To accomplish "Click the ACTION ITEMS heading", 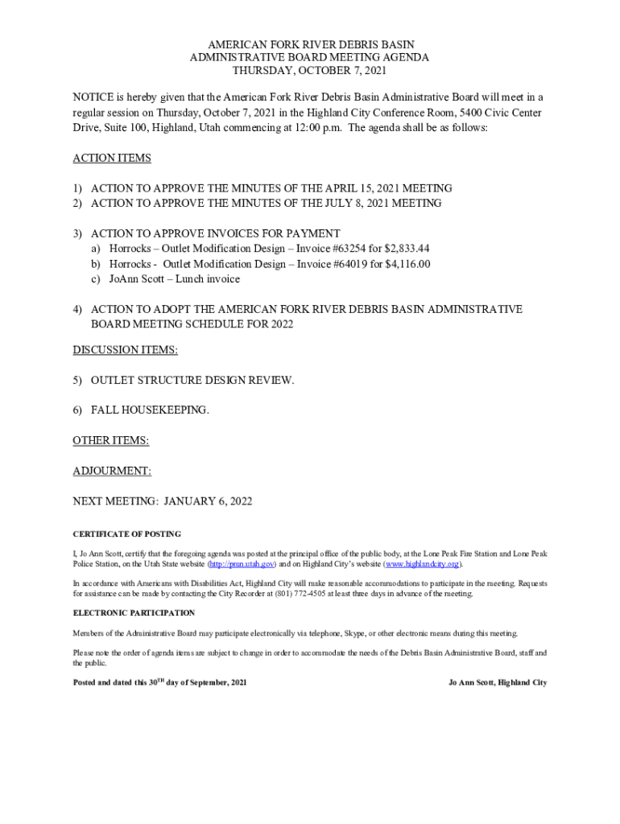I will click(x=111, y=158).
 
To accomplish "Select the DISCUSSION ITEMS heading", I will click(x=125, y=350).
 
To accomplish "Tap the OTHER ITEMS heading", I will click(x=110, y=440).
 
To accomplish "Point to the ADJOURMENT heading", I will click(x=112, y=471).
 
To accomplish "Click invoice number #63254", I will click(x=345, y=249).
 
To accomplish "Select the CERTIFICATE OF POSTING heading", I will click(x=126, y=534).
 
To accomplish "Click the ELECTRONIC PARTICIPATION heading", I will click(x=134, y=613).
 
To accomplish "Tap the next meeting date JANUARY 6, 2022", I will click(x=208, y=501).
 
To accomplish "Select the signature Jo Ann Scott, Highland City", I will click(x=497, y=682).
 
